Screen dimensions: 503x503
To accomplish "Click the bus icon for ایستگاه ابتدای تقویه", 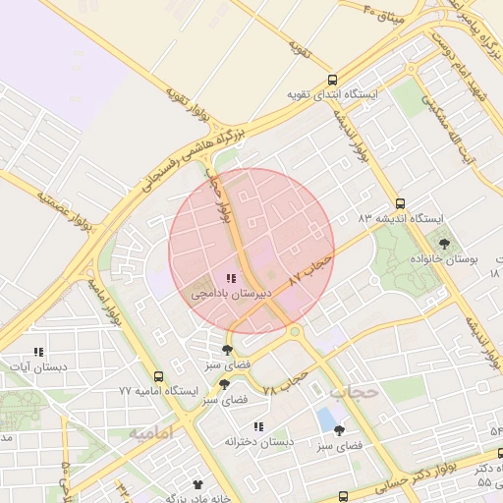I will (x=332, y=80).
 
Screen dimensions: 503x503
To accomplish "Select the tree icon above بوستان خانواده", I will (x=445, y=244).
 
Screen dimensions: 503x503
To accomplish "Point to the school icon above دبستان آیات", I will (x=38, y=352).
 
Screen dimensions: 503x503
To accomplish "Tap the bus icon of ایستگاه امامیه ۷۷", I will (x=159, y=376).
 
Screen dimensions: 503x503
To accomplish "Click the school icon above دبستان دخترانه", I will (x=259, y=426).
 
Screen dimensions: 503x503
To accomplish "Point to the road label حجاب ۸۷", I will (x=312, y=269).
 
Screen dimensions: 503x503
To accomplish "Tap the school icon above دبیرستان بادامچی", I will (x=231, y=279).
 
